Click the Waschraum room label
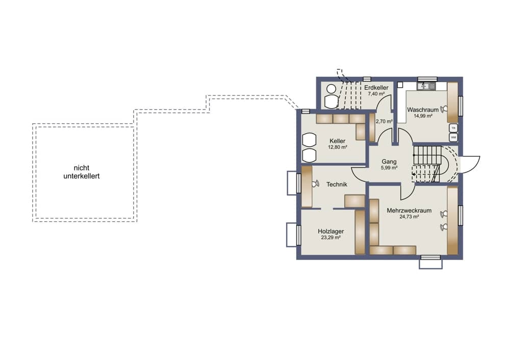(422, 110)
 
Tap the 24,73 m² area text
(409, 217)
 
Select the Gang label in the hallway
(389, 162)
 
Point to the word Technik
(337, 185)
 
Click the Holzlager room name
(331, 231)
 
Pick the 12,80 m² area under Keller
(337, 147)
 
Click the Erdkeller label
(376, 88)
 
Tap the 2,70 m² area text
(384, 121)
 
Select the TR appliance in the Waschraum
(453, 128)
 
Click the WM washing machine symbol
(453, 138)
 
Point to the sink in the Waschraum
(426, 86)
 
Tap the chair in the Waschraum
(443, 109)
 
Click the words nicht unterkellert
(81, 172)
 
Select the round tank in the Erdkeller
(331, 88)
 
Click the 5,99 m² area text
(389, 168)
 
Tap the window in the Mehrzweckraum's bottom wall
(430, 258)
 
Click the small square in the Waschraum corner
(400, 85)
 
